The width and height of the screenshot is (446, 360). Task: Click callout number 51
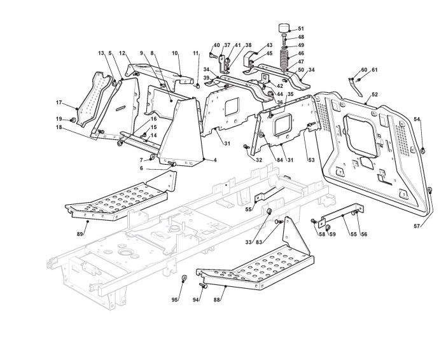click(301, 29)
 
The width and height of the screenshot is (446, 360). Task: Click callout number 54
click(417, 119)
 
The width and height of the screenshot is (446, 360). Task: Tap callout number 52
click(375, 94)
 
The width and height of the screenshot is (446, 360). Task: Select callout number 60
click(364, 70)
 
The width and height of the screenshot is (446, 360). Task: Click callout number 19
click(59, 119)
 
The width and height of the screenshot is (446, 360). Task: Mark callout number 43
click(269, 45)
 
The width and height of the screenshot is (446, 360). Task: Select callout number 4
click(215, 160)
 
